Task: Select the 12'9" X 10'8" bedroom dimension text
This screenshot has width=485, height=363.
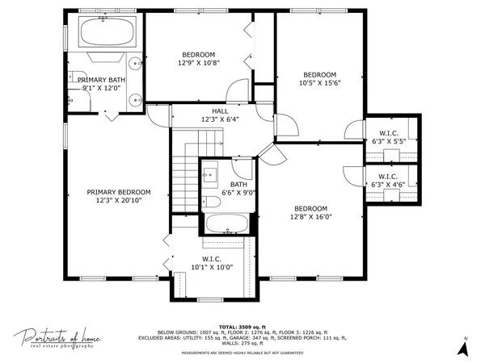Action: click(199, 62)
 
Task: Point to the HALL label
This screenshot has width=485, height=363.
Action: click(220, 111)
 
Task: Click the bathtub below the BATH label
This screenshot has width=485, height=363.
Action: click(226, 223)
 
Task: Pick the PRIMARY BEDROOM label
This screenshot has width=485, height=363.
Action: click(119, 192)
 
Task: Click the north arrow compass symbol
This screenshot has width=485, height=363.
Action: click(462, 348)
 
